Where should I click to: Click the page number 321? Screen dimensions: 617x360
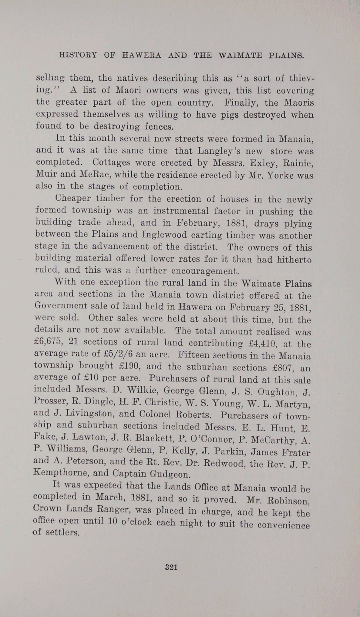coord(171,567)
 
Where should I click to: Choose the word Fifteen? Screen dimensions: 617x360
coord(192,354)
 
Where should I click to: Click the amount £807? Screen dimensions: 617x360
coord(282,368)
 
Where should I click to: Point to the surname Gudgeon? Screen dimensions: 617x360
coord(169,474)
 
